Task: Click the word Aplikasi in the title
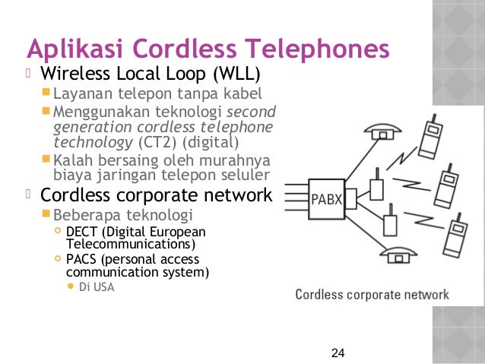coord(75,49)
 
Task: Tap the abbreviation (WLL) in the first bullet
coord(236,74)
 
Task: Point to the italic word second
coord(251,112)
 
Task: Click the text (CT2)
coord(157,142)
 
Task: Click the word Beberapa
coord(87,215)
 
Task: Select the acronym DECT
coord(81,232)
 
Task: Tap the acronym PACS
coord(81,259)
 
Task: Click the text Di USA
coord(97,287)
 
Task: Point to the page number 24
coord(338,353)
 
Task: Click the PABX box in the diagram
coord(327,199)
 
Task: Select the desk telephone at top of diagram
coord(383,131)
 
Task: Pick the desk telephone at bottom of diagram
coord(398,255)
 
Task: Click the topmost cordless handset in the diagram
coord(430,137)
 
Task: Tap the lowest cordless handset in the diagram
coord(456,236)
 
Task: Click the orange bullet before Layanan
coord(46,92)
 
